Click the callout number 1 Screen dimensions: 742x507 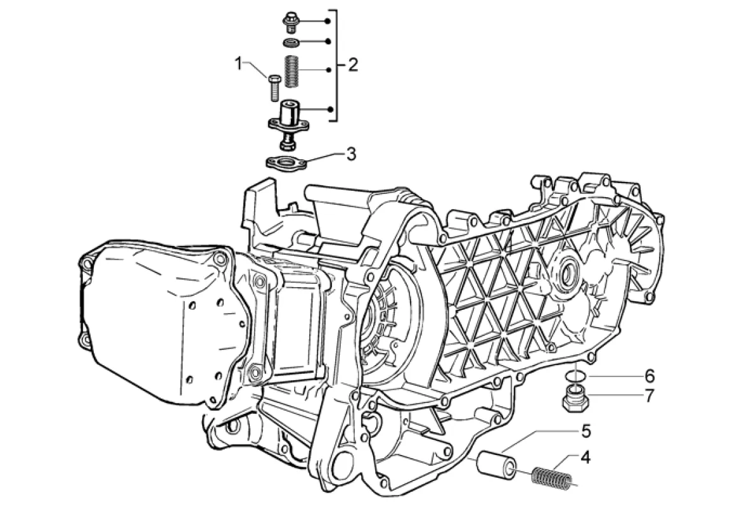[x=239, y=63]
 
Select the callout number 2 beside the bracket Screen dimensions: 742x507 [x=352, y=65]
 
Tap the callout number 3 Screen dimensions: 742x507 [x=350, y=153]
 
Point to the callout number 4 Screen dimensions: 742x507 [x=585, y=458]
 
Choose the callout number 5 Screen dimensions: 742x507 [x=586, y=431]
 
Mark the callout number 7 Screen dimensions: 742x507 [x=649, y=395]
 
